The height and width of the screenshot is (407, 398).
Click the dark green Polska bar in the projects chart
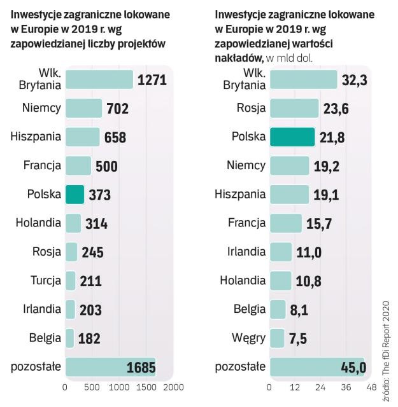(75, 194)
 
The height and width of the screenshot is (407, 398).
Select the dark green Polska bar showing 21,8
(292, 137)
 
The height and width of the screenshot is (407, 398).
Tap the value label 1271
(152, 80)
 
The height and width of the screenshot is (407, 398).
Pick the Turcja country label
(45, 280)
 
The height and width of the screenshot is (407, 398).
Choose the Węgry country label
(249, 337)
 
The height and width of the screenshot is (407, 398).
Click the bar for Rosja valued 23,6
(294, 108)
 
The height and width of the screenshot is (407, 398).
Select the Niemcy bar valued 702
(83, 108)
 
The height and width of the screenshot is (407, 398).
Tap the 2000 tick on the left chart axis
(173, 387)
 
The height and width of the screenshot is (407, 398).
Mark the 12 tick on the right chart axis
(295, 387)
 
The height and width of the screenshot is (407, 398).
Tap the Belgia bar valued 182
(70, 338)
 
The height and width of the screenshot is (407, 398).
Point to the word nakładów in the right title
(238, 58)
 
